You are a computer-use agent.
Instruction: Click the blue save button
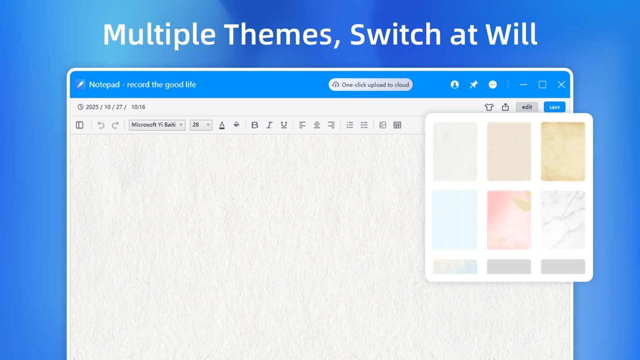coord(554,107)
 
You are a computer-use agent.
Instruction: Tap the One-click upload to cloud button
coord(370,85)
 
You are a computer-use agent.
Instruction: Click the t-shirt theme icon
coord(489,107)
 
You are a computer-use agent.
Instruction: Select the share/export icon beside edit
coord(506,107)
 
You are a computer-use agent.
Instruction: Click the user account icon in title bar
coord(454,85)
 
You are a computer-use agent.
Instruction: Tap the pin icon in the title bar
coord(473,85)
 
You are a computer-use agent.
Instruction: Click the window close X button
coord(561,85)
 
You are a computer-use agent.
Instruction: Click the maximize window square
coord(542,85)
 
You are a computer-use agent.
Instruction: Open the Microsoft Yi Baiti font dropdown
coord(157,125)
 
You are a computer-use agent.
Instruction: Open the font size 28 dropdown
coord(201,125)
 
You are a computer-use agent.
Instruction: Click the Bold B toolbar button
coord(254,125)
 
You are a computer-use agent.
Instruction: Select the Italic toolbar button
coord(269,125)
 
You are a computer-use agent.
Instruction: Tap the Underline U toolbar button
coord(284,125)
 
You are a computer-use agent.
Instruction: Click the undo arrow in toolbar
coord(101,125)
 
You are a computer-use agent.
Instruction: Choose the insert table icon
coord(397,125)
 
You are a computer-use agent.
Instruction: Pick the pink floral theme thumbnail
coord(509,220)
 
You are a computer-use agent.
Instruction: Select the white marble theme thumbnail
coord(563,220)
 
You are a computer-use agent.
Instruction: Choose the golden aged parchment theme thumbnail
coord(563,151)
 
